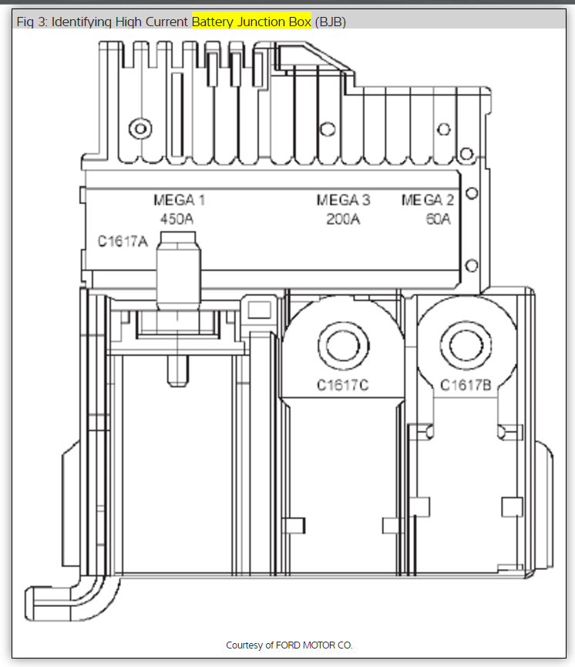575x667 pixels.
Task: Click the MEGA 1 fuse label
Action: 179,200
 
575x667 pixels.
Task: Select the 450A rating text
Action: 177,219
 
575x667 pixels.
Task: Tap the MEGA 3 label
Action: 343,200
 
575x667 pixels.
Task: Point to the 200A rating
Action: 343,219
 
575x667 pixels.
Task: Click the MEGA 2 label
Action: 428,200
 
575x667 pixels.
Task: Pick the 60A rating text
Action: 437,219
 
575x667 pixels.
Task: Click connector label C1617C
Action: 343,384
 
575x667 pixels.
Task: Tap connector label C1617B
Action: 466,384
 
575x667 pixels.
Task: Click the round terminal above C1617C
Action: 343,342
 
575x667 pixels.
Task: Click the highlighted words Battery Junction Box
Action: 251,22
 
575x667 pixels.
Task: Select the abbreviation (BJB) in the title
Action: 331,22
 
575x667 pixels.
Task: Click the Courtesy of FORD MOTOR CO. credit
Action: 289,645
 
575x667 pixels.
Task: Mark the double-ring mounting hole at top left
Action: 140,128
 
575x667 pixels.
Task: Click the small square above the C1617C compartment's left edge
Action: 260,310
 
